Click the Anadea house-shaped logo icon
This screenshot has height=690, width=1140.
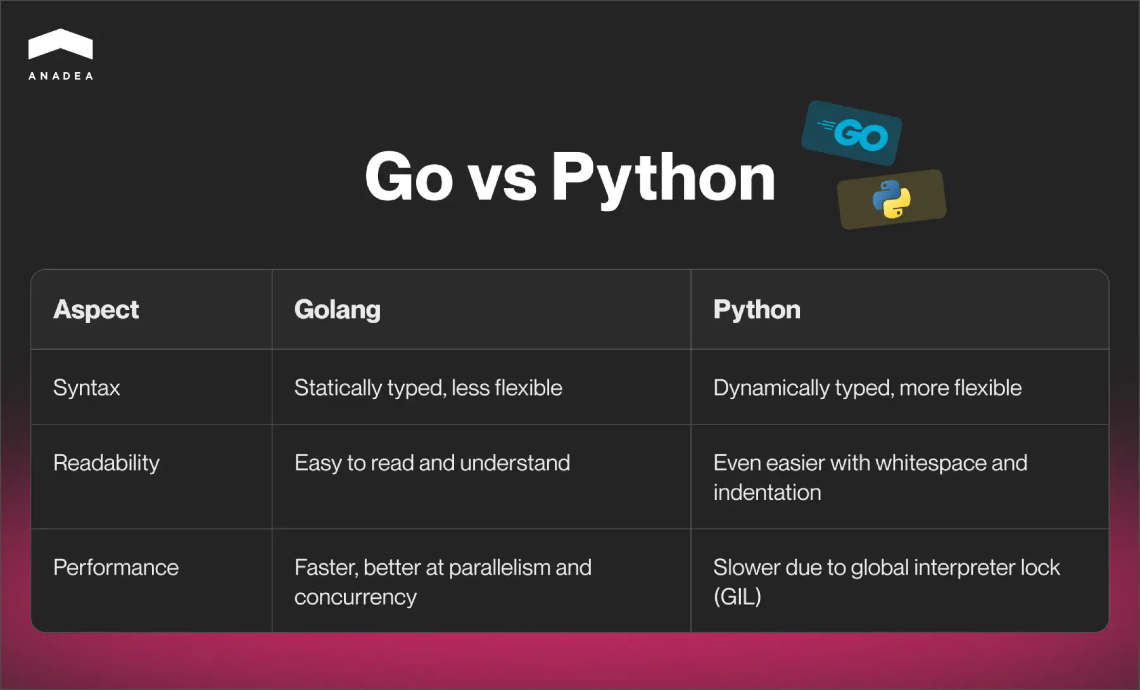[61, 44]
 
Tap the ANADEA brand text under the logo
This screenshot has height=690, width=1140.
[61, 76]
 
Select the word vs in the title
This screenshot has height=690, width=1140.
[502, 180]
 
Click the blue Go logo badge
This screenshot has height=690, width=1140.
[852, 133]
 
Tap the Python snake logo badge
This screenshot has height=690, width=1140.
[891, 199]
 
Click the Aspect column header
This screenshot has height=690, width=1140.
[96, 310]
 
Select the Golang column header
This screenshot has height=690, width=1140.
[337, 310]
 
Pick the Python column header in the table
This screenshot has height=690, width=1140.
[756, 310]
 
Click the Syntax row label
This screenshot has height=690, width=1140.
[86, 388]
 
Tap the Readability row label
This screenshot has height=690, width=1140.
[106, 463]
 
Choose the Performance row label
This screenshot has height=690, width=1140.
[116, 568]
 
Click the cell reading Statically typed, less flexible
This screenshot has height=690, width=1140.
[428, 388]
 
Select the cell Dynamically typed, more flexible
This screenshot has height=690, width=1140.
[867, 388]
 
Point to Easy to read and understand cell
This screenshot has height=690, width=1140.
[432, 463]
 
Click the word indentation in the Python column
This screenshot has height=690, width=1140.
[767, 493]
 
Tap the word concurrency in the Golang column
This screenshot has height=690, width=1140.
[355, 597]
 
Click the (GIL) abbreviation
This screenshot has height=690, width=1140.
[737, 597]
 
